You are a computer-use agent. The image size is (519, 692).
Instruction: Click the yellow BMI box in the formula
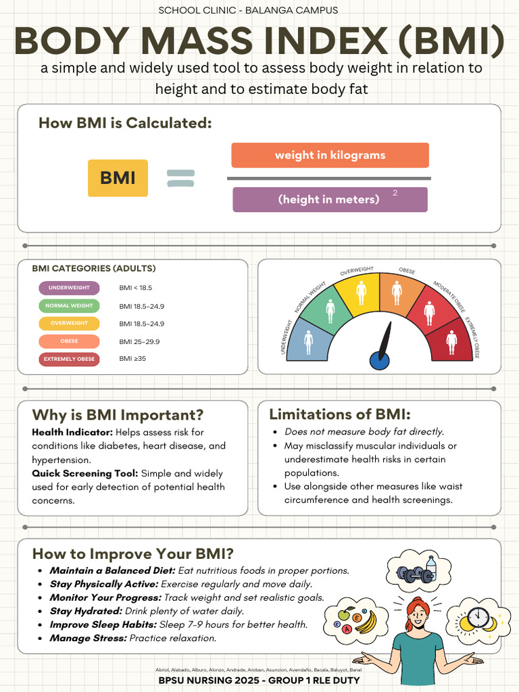pyautogui.click(x=118, y=178)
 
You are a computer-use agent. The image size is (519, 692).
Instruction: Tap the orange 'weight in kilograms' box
pyautogui.click(x=330, y=155)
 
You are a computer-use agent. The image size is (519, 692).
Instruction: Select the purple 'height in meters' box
pyautogui.click(x=330, y=199)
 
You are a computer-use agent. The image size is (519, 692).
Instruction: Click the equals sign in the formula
pyautogui.click(x=180, y=178)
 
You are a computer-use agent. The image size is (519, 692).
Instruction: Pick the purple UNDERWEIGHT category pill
pyautogui.click(x=69, y=288)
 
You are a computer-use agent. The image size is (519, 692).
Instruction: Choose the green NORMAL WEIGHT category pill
pyautogui.click(x=69, y=306)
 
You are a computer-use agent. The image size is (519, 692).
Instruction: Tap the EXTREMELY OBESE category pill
pyautogui.click(x=69, y=359)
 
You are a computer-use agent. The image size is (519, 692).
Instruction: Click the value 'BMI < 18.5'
pyautogui.click(x=135, y=288)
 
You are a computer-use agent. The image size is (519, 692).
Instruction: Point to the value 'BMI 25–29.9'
pyautogui.click(x=139, y=341)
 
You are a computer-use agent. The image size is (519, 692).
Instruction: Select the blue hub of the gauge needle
pyautogui.click(x=379, y=360)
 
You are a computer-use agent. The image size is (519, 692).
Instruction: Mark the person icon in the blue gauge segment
pyautogui.click(x=309, y=341)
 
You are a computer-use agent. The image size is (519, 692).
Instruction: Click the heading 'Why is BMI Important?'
pyautogui.click(x=118, y=415)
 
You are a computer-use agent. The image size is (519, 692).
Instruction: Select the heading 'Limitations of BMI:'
pyautogui.click(x=339, y=414)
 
